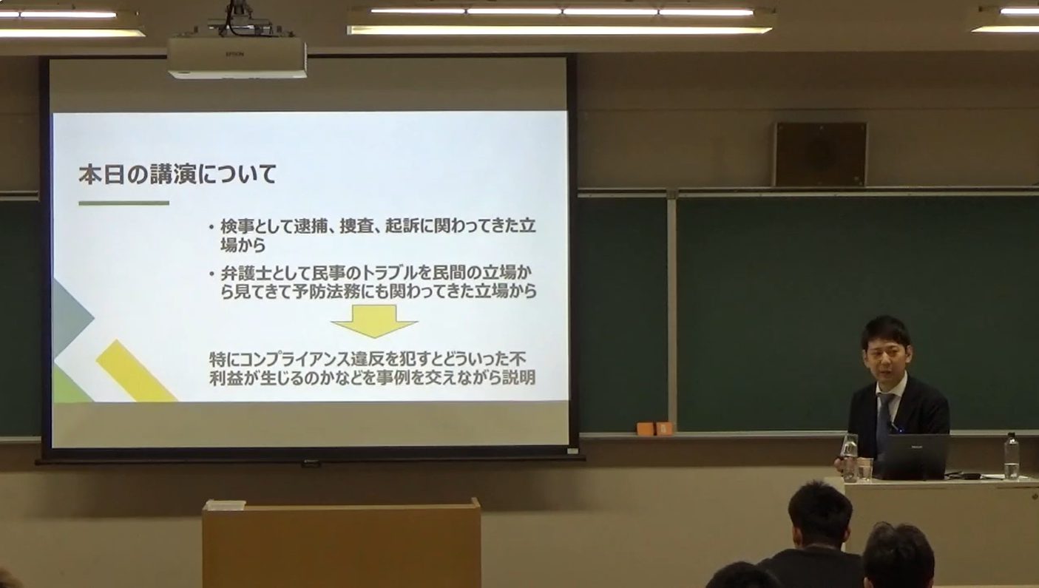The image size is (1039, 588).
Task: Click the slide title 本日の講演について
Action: (x=177, y=175)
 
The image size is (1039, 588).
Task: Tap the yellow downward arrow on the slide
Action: (x=374, y=320)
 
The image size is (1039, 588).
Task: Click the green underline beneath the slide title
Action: (x=123, y=203)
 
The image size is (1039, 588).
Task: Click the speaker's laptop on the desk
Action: (x=914, y=456)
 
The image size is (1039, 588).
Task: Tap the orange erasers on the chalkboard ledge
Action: (x=654, y=428)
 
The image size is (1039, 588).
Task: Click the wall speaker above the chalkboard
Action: (x=819, y=154)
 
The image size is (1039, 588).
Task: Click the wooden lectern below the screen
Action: (x=342, y=544)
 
